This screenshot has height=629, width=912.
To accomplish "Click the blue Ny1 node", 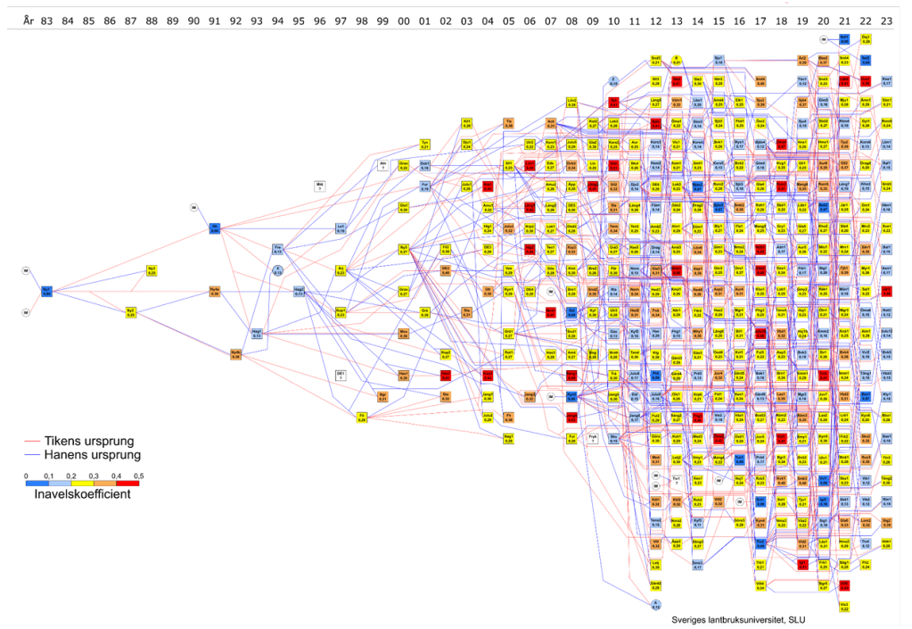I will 46,291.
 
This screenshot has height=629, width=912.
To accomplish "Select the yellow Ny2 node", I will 131,311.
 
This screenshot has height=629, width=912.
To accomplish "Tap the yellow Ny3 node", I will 152,270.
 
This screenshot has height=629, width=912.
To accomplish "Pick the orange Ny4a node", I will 214,291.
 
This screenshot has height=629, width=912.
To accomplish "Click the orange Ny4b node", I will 235,354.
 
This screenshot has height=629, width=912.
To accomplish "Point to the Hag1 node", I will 257,334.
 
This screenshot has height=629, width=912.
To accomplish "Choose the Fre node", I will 277,249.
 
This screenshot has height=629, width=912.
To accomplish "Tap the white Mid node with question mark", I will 319,186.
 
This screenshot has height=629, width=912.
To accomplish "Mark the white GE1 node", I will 341,375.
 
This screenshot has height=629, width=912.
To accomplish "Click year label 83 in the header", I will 45,19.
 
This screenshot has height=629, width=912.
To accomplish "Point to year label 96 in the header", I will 319,19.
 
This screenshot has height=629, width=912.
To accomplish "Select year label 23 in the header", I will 886,19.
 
